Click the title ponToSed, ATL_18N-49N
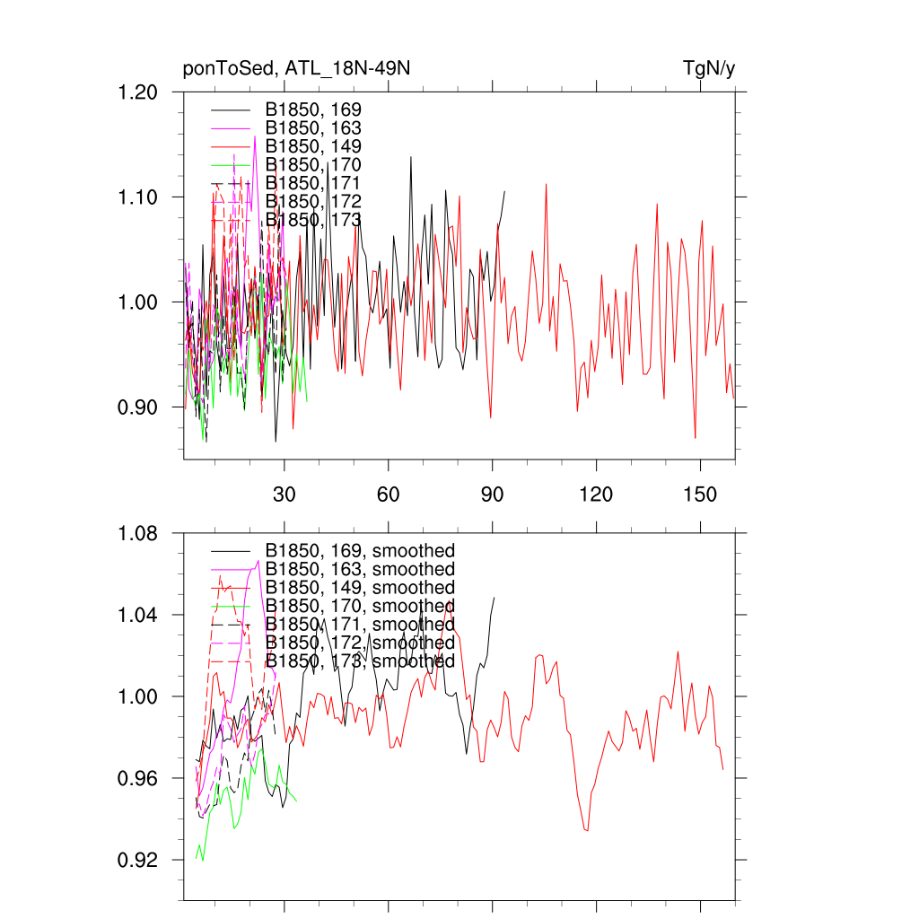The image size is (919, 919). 296,68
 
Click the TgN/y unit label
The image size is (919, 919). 709,68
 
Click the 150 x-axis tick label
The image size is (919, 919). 700,494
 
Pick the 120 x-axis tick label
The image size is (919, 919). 596,494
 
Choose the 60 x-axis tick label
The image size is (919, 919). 388,494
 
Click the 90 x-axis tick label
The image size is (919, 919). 492,494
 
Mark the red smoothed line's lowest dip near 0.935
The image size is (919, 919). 587,830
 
